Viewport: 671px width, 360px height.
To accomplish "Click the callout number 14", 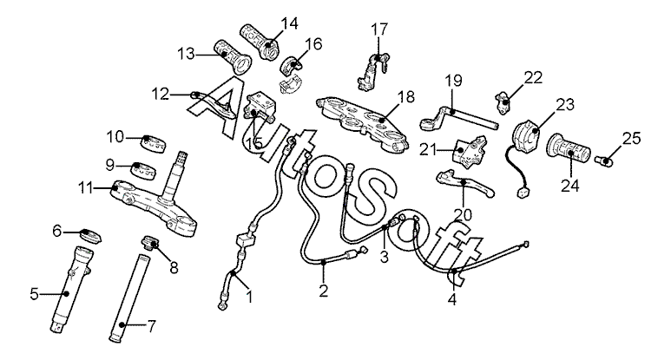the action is click(289, 23).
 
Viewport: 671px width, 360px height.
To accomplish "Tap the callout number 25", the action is click(632, 139).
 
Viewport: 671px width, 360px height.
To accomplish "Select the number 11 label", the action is click(86, 187).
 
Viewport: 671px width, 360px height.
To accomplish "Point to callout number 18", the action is click(406, 97).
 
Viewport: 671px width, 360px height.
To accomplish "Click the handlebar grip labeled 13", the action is click(234, 58).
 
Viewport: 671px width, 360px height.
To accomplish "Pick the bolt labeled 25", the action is click(604, 160).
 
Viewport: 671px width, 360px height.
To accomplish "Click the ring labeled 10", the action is click(153, 144).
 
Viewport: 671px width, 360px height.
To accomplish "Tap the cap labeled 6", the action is click(91, 237).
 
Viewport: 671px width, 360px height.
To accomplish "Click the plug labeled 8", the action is click(151, 243).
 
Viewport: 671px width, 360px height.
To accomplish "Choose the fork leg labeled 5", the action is click(72, 289).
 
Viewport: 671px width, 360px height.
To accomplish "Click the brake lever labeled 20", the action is click(464, 183).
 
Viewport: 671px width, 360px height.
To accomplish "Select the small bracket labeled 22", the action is click(503, 101).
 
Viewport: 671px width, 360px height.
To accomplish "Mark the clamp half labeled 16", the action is click(292, 64).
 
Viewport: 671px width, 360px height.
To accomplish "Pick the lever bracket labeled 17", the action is click(372, 69).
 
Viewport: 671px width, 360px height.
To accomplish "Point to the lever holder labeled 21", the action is click(470, 150).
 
